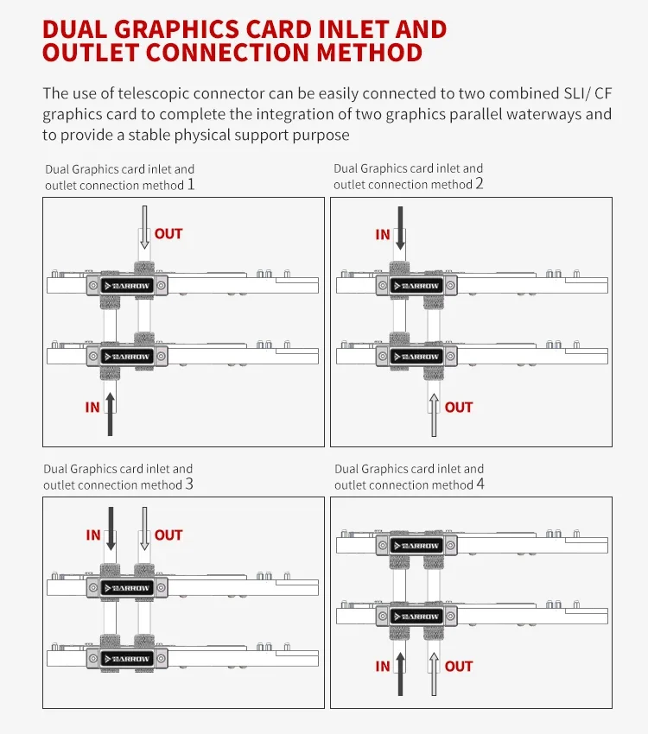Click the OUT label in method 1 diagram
(168, 234)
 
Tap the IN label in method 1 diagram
(92, 408)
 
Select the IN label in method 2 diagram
(383, 234)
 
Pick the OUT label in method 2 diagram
(459, 408)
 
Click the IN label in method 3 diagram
(93, 535)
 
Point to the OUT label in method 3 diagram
(168, 535)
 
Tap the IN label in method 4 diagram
(383, 667)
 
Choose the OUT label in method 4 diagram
(459, 667)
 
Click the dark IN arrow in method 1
(110, 412)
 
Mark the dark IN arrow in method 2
(400, 229)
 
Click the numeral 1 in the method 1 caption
(191, 184)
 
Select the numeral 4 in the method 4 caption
(480, 484)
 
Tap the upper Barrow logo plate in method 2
(417, 285)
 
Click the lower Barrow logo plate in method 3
(127, 658)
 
